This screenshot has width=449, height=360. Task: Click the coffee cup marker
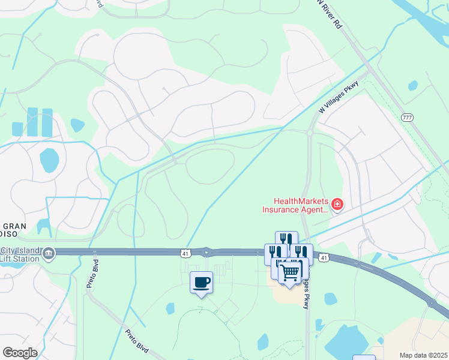click(x=201, y=282)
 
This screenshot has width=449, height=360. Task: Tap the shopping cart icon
click(x=291, y=272)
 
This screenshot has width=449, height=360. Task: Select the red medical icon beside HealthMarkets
click(x=337, y=206)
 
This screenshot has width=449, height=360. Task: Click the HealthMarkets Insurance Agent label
click(x=295, y=206)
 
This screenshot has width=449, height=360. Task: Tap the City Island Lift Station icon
click(x=47, y=253)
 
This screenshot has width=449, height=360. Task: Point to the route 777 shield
click(x=408, y=117)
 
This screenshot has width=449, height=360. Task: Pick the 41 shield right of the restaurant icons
click(x=324, y=258)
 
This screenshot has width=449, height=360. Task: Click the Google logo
click(x=20, y=352)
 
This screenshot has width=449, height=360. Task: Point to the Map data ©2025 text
click(x=423, y=355)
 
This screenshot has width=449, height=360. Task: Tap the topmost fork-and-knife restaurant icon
click(x=286, y=239)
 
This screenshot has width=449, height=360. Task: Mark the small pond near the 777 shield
click(x=413, y=86)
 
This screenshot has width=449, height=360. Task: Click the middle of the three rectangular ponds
click(x=32, y=122)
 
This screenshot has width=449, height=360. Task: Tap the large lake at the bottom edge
click(x=345, y=341)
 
